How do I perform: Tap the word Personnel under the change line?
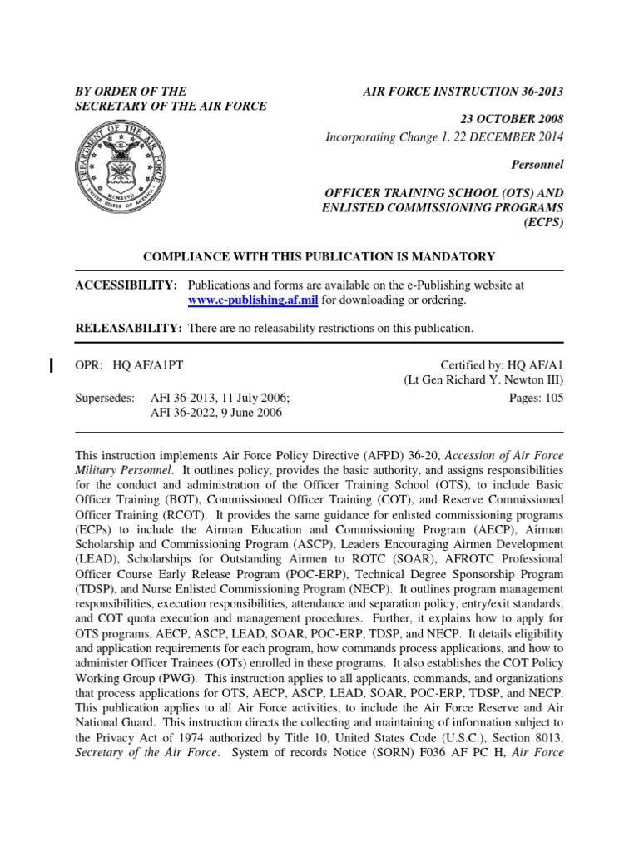(537, 166)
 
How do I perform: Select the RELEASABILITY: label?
(128, 329)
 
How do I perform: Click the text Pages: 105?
(536, 398)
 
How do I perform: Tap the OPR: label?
(88, 364)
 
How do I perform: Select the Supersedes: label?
(105, 398)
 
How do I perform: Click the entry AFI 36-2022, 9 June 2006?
(216, 413)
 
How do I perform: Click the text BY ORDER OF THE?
(131, 91)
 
